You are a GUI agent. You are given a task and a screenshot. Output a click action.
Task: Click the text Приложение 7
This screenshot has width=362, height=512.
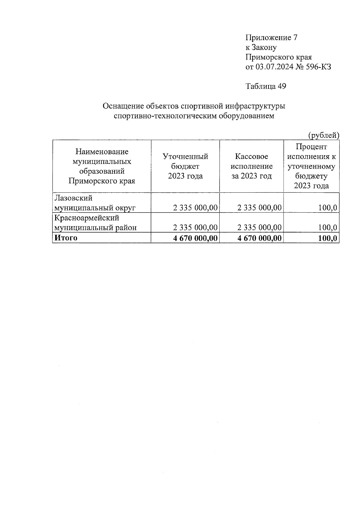coord(271,38)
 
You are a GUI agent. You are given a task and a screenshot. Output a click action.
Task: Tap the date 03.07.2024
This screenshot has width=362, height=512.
coord(274,67)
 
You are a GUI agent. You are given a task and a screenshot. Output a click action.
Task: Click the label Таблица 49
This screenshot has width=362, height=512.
coord(266,86)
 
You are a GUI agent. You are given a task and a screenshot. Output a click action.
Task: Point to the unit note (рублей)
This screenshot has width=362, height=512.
coord(323,136)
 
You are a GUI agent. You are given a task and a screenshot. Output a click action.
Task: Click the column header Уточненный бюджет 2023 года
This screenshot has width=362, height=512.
coord(185,166)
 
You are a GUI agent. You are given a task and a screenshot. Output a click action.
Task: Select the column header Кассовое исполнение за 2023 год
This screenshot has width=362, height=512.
coord(251,166)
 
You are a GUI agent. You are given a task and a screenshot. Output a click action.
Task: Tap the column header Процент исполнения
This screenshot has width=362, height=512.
coord(311,166)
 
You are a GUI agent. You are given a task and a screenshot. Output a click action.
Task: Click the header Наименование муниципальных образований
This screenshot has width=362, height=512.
coord(102,166)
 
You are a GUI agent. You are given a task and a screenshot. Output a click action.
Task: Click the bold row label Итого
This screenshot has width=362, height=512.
coord(65,238)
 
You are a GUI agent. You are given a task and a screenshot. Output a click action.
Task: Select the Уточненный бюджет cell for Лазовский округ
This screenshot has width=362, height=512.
coord(195,207)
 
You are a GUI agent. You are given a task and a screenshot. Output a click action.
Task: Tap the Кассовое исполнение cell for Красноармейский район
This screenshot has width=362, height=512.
coord(259,227)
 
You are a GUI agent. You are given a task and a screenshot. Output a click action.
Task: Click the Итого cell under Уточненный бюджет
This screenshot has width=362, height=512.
coord(195,238)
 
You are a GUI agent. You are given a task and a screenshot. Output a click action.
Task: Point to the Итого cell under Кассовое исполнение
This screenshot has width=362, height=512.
coord(259,238)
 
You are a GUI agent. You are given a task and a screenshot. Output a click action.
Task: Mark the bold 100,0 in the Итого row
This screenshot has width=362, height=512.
coord(327,238)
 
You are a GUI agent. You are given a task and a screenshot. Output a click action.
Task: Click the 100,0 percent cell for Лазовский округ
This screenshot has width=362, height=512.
coord(327,207)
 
